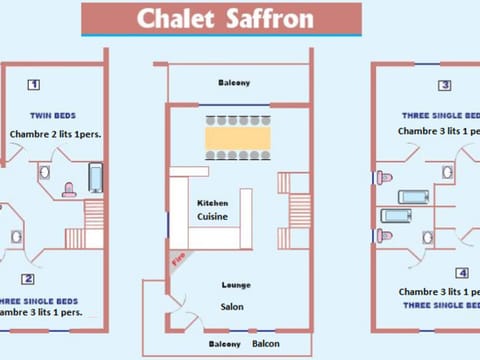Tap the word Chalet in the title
click(x=173, y=18)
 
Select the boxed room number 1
click(x=33, y=85)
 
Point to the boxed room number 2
click(x=29, y=279)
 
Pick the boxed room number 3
click(x=445, y=85)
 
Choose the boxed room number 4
click(x=462, y=272)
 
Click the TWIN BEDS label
click(x=53, y=116)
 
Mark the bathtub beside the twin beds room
click(x=95, y=178)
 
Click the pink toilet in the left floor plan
click(x=69, y=188)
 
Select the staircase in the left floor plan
click(x=93, y=222)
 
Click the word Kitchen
click(x=211, y=203)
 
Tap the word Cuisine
click(x=212, y=216)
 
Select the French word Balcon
click(x=266, y=344)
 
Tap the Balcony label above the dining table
click(x=235, y=83)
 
